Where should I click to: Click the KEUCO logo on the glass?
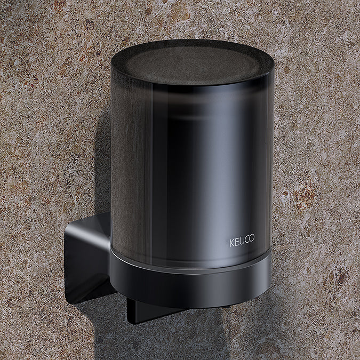click(242, 241)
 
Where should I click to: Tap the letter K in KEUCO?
click(232, 241)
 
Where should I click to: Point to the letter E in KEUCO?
click(237, 241)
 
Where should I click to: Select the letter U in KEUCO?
click(242, 241)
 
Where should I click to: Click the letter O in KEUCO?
click(252, 241)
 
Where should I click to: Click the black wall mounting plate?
click(85, 261)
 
